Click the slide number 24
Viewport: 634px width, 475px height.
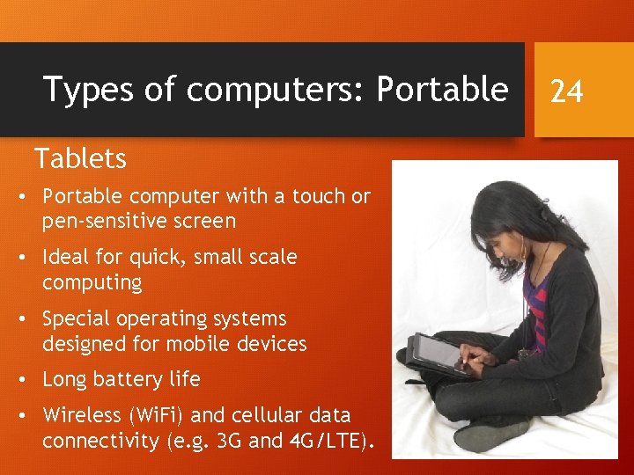coord(566,91)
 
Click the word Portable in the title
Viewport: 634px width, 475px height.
coord(442,89)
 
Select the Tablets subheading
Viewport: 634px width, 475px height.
coord(80,159)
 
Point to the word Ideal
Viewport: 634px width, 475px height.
coord(68,258)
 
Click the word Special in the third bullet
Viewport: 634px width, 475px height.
coord(77,318)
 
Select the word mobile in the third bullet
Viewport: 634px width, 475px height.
coord(206,344)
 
